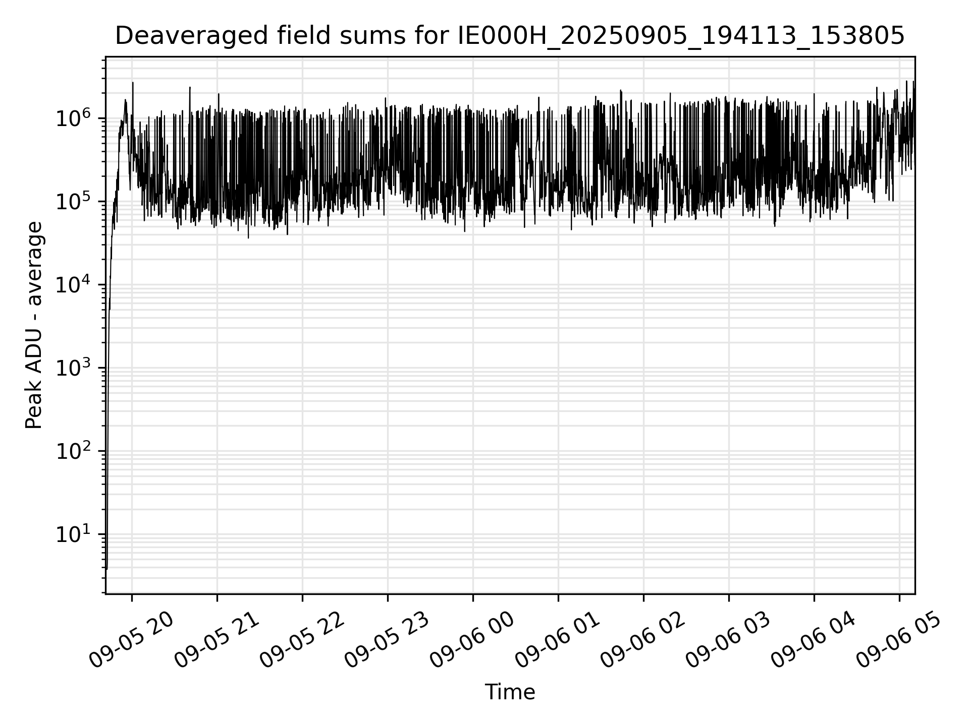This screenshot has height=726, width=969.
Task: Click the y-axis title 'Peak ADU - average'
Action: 34,325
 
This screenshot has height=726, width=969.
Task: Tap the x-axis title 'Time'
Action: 510,692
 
